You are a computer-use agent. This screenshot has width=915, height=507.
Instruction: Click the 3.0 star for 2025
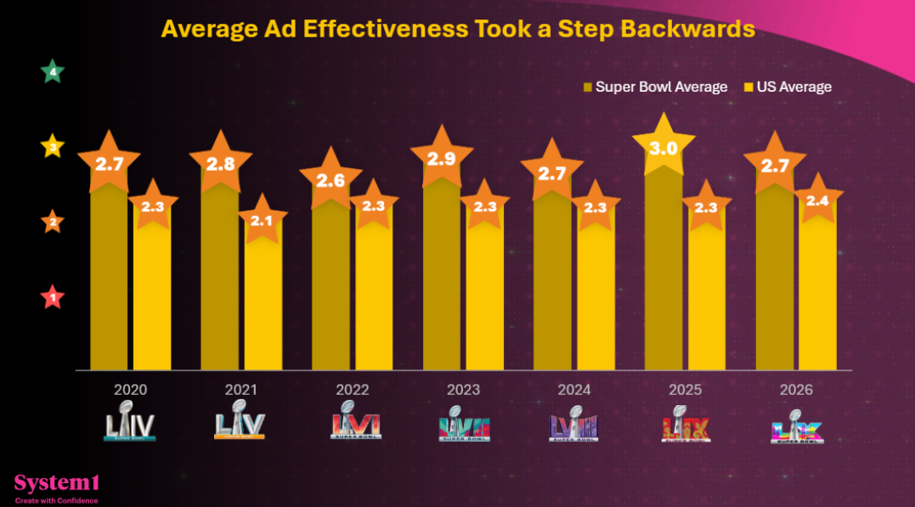pyautogui.click(x=663, y=149)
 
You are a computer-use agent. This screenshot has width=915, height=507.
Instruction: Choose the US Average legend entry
pyautogui.click(x=788, y=87)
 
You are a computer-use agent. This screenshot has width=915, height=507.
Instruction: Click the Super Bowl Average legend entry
pyautogui.click(x=655, y=87)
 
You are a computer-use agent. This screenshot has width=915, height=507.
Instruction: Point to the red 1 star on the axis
pyautogui.click(x=54, y=298)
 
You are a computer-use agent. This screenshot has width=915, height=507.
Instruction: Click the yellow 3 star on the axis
pyautogui.click(x=54, y=147)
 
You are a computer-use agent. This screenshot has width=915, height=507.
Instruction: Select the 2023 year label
pyautogui.click(x=463, y=390)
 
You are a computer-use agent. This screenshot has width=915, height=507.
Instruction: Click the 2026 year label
pyautogui.click(x=796, y=390)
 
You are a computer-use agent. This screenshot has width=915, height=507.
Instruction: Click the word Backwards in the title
pyautogui.click(x=687, y=29)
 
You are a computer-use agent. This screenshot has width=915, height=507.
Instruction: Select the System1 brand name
pyautogui.click(x=57, y=483)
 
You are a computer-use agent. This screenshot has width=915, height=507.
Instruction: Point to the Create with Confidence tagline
pyautogui.click(x=56, y=500)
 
